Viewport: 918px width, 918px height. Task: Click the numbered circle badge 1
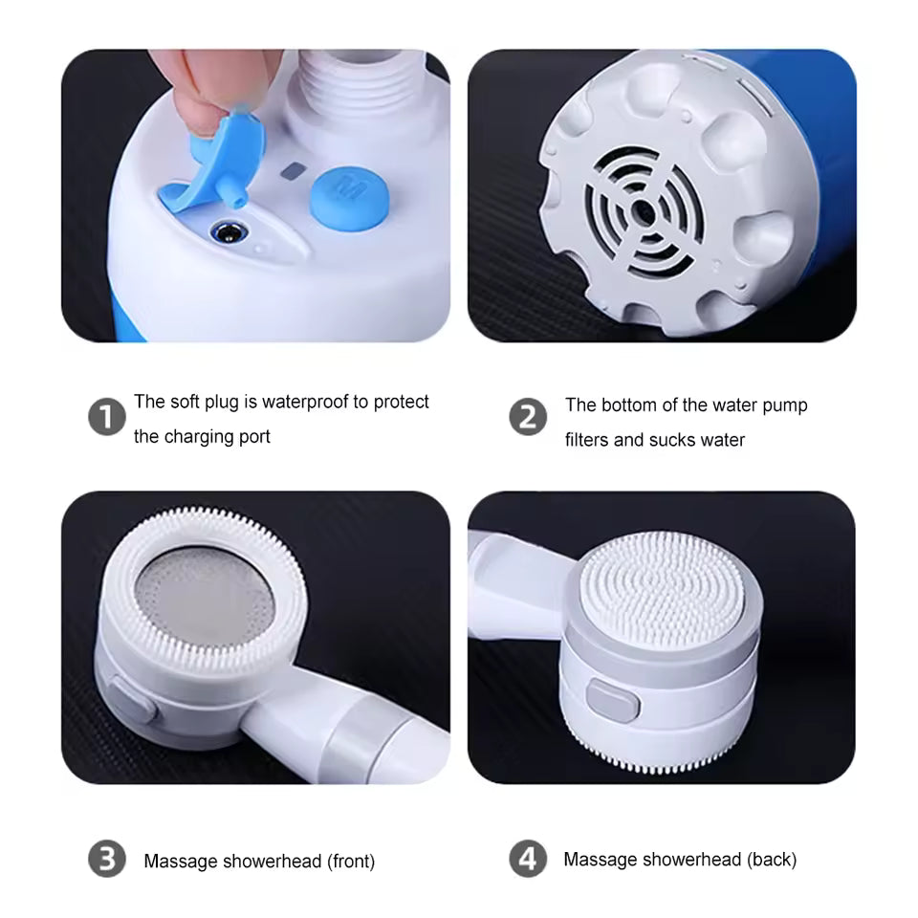tap(107, 418)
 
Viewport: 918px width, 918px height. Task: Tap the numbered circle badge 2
tap(528, 418)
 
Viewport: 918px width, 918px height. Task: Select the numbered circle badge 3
tap(107, 859)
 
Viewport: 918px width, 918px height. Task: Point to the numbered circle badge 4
tap(528, 859)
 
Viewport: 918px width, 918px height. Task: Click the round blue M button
tap(349, 197)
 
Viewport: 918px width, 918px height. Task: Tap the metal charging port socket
tap(228, 231)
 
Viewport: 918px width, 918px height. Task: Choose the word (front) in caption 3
tap(351, 862)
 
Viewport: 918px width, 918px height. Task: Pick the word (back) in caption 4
tap(771, 860)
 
